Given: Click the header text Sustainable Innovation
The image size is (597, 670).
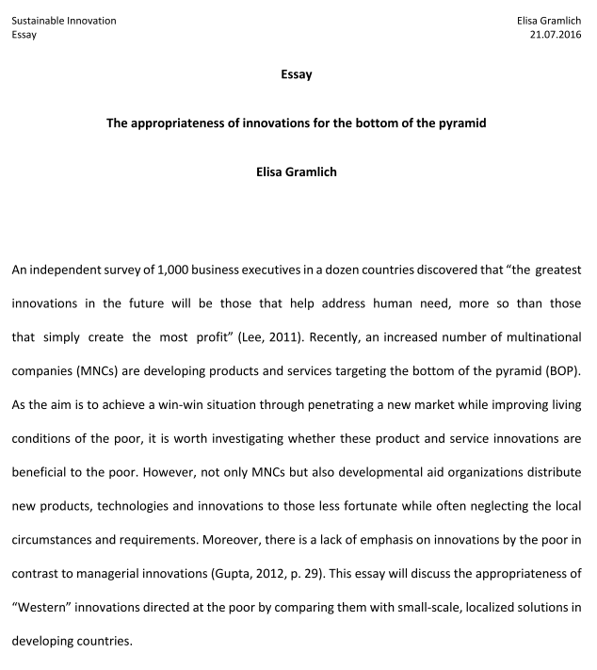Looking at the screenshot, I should click(x=64, y=21).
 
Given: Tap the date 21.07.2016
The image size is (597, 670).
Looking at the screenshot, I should click(x=557, y=35).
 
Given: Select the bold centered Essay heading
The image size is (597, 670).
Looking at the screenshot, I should click(x=297, y=74).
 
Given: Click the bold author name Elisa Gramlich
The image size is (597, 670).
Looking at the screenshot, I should click(x=297, y=172).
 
